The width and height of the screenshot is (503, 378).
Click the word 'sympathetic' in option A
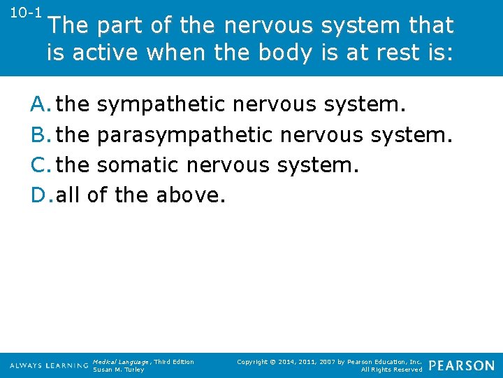tap(161, 105)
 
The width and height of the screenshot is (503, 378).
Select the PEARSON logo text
tap(461, 365)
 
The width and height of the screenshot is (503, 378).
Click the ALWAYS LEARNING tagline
tap(49, 366)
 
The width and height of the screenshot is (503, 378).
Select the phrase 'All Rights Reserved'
tap(391, 370)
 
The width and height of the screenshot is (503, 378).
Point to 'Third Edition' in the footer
tap(174, 362)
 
